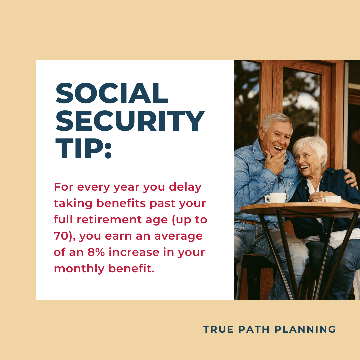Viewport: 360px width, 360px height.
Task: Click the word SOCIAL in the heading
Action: click(112, 93)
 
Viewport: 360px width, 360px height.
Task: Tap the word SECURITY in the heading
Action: click(130, 121)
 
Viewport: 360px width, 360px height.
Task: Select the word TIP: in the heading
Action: click(84, 148)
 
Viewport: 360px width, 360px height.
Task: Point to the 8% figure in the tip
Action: click(96, 252)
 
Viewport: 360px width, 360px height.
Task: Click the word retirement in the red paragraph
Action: click(109, 219)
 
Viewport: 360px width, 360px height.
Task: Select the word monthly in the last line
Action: click(79, 269)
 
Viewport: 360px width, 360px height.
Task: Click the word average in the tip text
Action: click(178, 236)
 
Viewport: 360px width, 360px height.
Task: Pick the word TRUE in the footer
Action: click(218, 329)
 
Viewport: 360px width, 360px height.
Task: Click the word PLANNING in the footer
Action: click(305, 329)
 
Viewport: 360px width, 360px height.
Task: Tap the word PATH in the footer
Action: click(254, 329)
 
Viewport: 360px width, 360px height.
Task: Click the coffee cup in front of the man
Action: click(276, 198)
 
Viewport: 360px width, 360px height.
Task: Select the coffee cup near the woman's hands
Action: click(332, 199)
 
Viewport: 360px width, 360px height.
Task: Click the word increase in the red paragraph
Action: click(134, 252)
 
